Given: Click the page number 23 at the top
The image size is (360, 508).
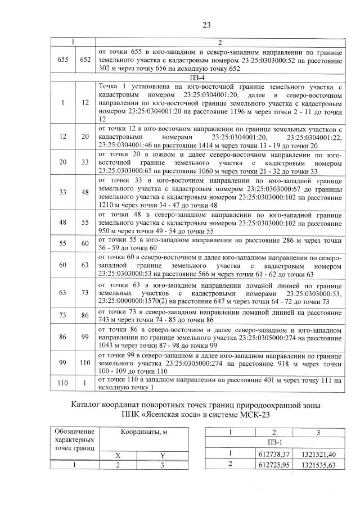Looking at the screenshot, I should [x=206, y=25].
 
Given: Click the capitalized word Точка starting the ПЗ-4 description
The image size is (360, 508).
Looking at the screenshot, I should [x=110, y=87].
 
